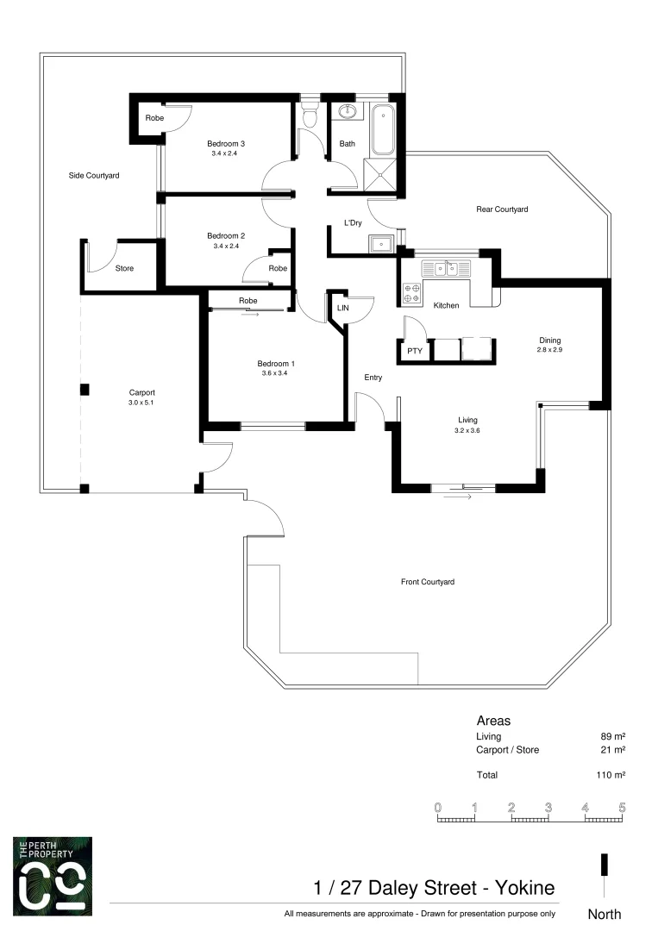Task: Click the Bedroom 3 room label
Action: [223, 143]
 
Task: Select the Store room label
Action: [125, 268]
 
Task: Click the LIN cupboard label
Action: [342, 306]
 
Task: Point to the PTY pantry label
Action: [415, 351]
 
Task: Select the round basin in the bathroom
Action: [348, 112]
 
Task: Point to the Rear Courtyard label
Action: [502, 209]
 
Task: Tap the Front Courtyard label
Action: [427, 582]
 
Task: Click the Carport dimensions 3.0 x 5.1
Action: [141, 402]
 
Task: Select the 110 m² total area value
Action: [610, 775]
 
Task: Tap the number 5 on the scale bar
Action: [622, 808]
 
